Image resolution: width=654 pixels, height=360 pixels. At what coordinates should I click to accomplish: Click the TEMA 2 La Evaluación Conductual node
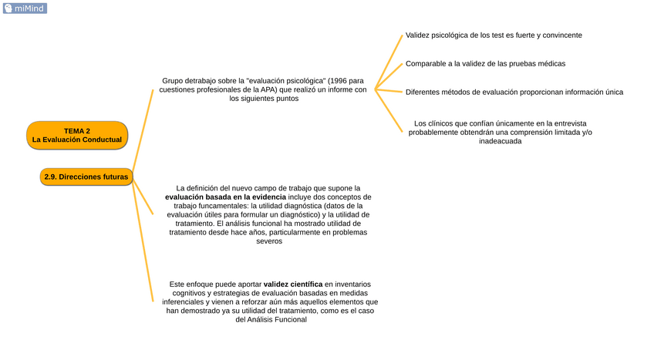click(x=76, y=135)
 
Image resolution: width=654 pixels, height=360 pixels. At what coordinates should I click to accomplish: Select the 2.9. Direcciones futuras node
click(x=86, y=177)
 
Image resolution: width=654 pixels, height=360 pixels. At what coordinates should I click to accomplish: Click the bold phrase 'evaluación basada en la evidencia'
click(x=225, y=197)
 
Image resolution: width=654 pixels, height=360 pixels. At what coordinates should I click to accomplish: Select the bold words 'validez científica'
click(x=293, y=284)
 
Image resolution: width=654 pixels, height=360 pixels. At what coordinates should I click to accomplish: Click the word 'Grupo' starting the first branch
click(x=174, y=80)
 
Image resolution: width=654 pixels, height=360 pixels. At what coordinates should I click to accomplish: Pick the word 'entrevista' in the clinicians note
click(x=571, y=123)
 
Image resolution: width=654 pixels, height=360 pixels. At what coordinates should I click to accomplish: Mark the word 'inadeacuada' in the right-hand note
click(x=494, y=141)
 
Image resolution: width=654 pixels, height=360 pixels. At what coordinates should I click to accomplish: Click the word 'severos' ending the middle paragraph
click(x=269, y=241)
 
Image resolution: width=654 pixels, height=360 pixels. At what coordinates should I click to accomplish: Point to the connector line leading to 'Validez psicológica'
click(x=389, y=62)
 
